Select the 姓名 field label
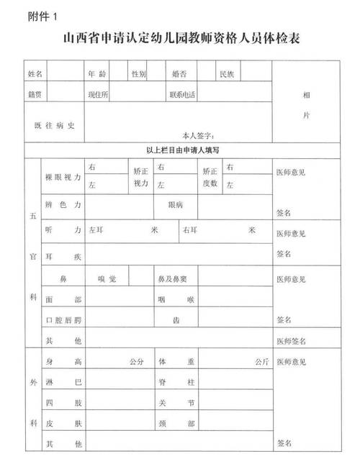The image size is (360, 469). tap(36, 73)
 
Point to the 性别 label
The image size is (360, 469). tap(139, 73)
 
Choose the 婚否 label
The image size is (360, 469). tap(180, 73)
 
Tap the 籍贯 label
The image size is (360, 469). tap(36, 94)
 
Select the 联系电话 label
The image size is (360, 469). tap(181, 94)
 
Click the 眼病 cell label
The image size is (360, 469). tap(176, 205)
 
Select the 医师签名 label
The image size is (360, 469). tap(292, 340)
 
